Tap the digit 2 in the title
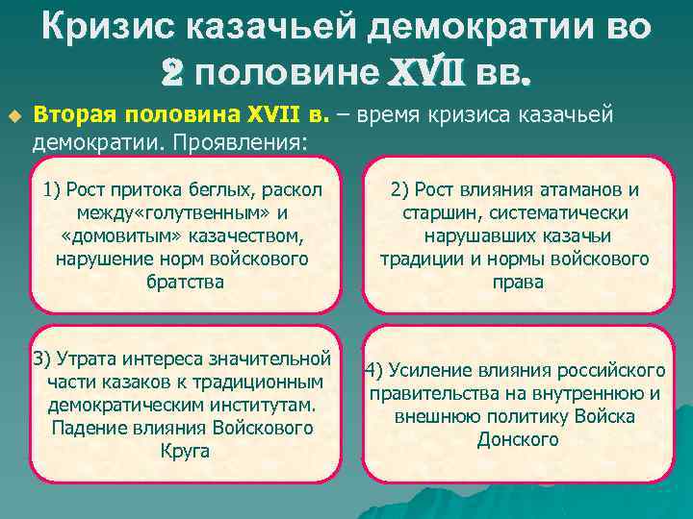[173, 71]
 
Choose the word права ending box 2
[516, 282]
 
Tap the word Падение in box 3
[89, 429]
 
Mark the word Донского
[517, 439]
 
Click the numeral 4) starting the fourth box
[374, 370]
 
